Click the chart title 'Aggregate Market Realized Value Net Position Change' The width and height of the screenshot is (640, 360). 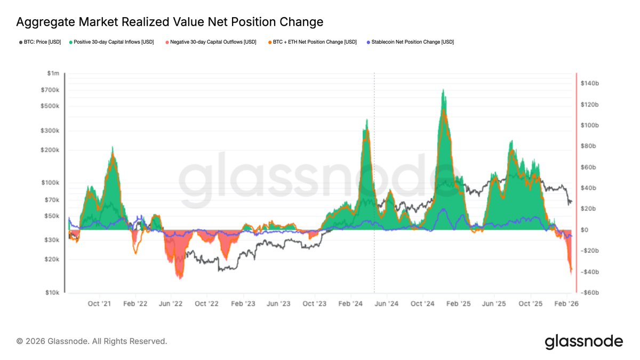point(170,22)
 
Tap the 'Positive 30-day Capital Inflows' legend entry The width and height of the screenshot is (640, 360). point(114,42)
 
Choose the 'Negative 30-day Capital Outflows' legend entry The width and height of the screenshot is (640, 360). point(210,42)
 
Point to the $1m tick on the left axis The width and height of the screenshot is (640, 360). point(52,73)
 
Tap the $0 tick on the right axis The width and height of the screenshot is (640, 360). point(585,230)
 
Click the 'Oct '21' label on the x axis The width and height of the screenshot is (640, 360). point(100,303)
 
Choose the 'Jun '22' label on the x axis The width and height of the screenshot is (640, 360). point(171,303)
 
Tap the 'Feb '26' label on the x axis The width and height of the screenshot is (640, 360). point(566,303)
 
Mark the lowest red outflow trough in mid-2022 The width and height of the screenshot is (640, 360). point(180,277)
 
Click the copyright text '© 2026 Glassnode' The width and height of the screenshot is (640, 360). point(92,341)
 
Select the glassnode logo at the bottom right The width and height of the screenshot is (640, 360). point(583,341)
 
